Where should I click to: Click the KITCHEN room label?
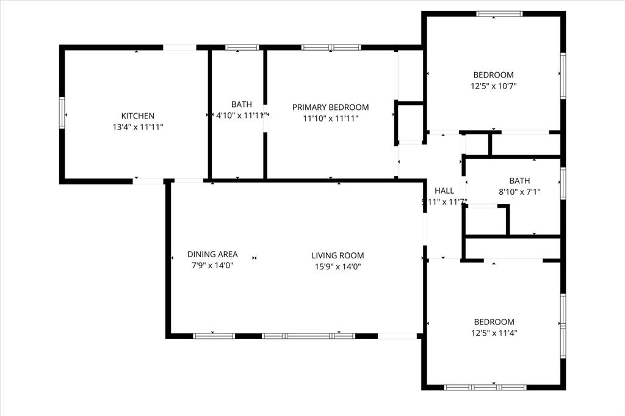click(x=137, y=115)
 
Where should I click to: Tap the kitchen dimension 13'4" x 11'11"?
click(x=137, y=127)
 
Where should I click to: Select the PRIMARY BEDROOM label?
click(x=330, y=107)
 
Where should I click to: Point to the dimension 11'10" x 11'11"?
click(x=330, y=119)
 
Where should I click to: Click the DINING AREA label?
click(x=212, y=254)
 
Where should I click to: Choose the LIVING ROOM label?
click(x=338, y=255)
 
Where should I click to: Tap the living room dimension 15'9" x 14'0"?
click(x=338, y=266)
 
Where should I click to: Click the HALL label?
click(x=444, y=191)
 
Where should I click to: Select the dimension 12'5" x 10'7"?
click(x=494, y=86)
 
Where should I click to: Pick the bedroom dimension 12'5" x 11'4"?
click(x=494, y=333)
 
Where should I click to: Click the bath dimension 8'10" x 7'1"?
click(x=520, y=192)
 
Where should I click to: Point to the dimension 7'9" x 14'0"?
click(x=212, y=265)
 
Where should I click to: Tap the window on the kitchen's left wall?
click(x=62, y=113)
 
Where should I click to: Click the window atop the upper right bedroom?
click(x=499, y=13)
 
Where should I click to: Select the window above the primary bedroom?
click(x=331, y=47)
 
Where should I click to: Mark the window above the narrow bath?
click(x=242, y=47)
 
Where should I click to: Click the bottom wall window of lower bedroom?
click(x=485, y=387)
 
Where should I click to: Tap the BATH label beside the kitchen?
click(x=241, y=104)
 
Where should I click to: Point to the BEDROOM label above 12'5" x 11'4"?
click(x=494, y=322)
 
